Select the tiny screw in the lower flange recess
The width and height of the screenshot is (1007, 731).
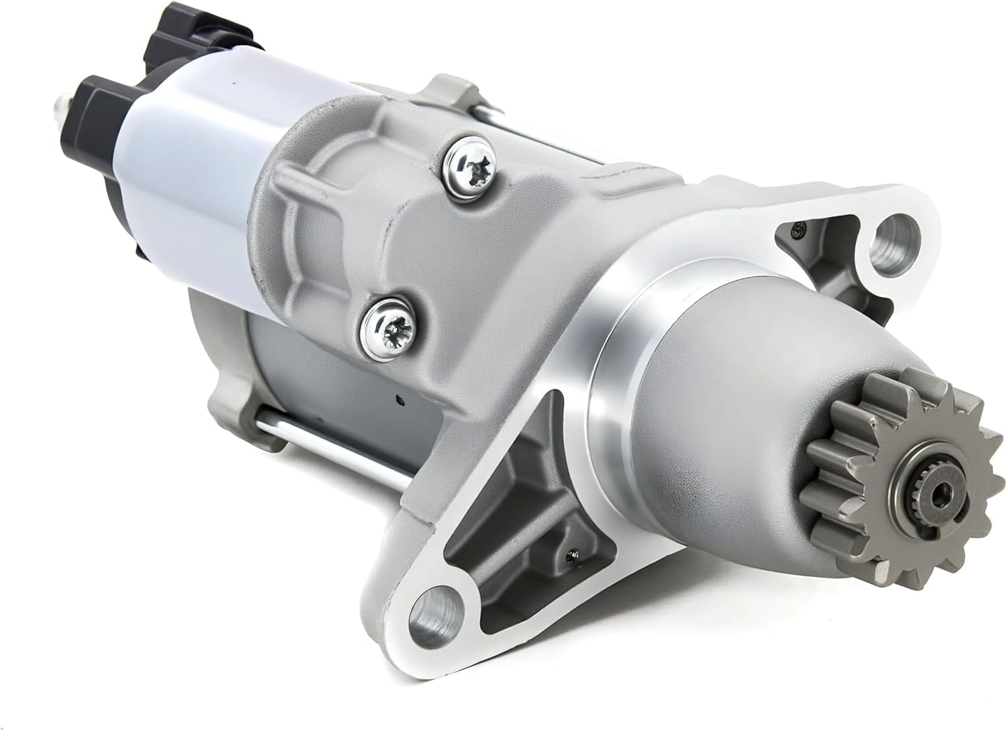point(571,554)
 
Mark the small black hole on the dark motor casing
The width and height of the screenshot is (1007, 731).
point(399,401)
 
